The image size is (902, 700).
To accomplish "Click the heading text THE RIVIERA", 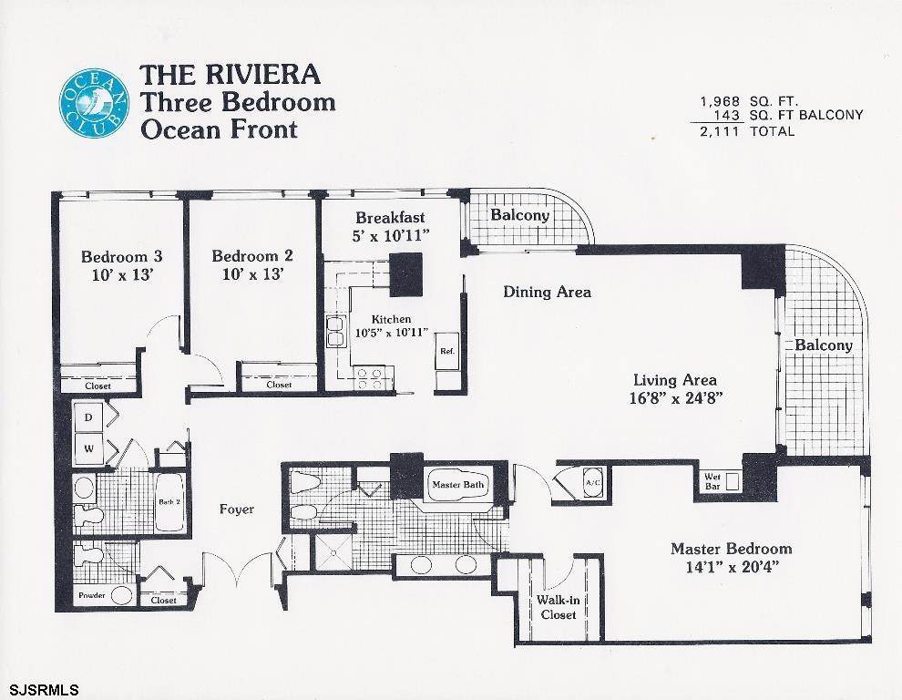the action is tap(230, 74).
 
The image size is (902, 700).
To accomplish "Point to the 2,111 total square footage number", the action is tap(719, 131).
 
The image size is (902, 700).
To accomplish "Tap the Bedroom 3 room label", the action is tap(121, 256).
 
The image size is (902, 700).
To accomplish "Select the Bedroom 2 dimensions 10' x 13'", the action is tap(253, 274).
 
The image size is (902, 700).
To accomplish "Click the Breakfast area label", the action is tap(390, 218).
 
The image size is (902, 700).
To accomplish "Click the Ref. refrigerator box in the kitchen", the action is tap(447, 351).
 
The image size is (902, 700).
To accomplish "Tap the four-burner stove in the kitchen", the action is tap(369, 378).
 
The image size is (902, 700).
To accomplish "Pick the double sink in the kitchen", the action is tap(335, 331).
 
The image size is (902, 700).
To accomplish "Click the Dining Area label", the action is tap(547, 292).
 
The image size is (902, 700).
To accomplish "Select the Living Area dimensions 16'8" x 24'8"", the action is tap(675, 397).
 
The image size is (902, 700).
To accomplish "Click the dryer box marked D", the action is tap(88, 417).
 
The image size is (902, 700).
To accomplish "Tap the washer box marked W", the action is tap(88, 449).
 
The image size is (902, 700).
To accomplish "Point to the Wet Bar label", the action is tap(712, 482).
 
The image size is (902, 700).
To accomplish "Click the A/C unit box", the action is tap(593, 482).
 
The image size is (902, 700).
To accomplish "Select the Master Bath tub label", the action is tap(458, 485).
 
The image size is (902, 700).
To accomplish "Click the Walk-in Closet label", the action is tap(558, 607).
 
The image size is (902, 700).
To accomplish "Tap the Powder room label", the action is tap(92, 595).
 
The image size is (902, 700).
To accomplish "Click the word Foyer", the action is tap(236, 510).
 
